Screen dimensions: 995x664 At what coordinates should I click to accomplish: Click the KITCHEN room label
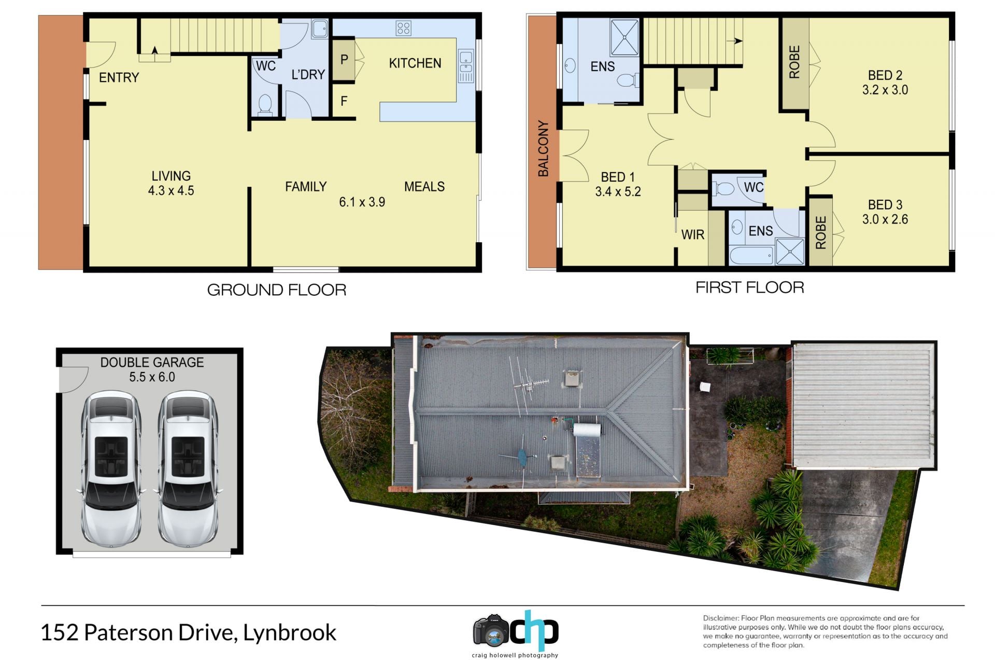coord(415,63)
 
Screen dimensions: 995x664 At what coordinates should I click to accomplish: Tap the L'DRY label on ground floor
coord(308,75)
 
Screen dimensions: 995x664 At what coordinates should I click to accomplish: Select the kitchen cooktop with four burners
coord(403,28)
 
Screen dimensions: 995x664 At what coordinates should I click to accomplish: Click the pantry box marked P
coord(344,60)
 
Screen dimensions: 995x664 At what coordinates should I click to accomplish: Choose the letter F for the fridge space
coord(344,101)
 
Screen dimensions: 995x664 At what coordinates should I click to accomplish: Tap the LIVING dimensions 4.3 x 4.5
coord(171,191)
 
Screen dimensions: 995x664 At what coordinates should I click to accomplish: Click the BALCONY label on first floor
coord(543,148)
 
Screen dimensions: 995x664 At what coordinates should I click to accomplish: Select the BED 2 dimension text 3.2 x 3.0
coord(885,90)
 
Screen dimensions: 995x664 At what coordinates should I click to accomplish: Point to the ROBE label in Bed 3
coord(821,232)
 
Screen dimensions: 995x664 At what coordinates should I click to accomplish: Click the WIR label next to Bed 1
coord(693,235)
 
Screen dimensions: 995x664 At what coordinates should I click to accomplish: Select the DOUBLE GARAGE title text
coord(152,363)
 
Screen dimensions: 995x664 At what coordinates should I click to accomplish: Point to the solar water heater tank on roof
coord(587,430)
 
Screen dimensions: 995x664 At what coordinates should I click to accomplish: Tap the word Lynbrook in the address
coord(290,633)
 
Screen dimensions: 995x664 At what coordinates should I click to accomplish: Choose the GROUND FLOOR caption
coord(277,290)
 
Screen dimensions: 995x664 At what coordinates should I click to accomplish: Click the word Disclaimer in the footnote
coord(720,618)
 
